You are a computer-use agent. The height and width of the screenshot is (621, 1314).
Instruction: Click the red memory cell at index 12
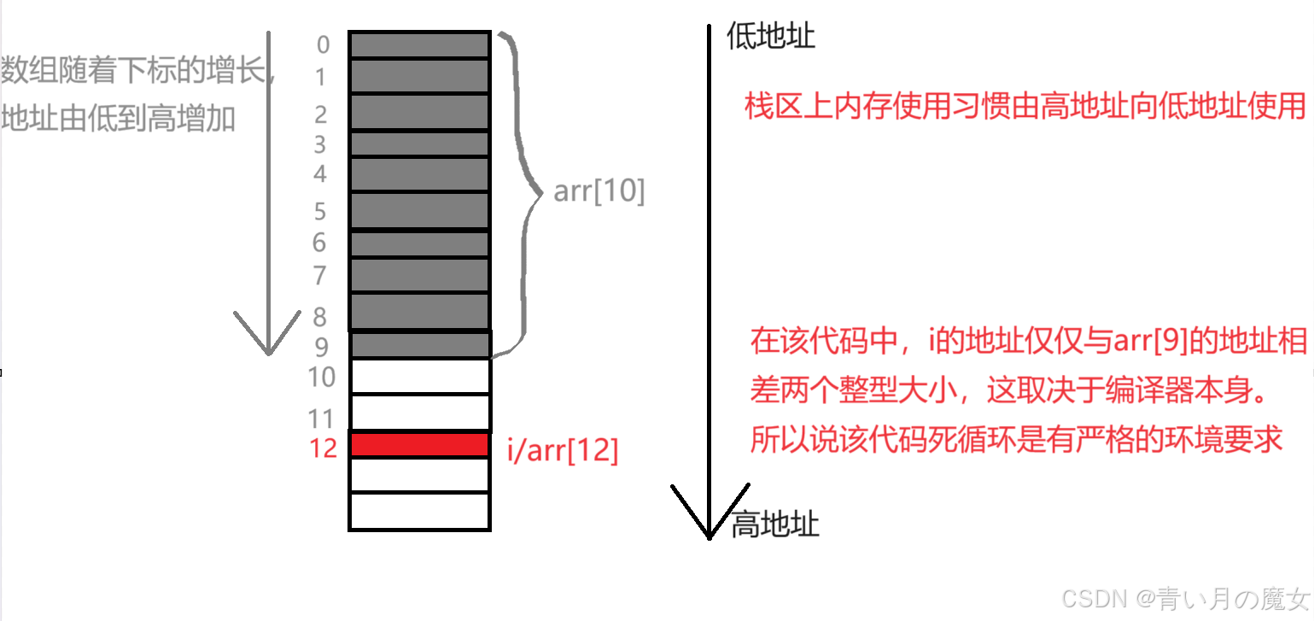419,445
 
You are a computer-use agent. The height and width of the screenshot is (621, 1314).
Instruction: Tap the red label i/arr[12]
563,450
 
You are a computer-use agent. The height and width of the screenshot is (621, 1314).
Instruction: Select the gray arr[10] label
599,191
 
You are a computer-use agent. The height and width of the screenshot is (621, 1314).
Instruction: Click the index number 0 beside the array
323,43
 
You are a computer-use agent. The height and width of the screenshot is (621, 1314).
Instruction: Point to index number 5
320,210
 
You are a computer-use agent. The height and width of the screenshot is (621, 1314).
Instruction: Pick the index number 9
320,347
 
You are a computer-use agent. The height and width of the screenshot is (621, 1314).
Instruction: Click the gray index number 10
322,377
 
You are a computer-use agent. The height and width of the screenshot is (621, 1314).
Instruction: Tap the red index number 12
323,448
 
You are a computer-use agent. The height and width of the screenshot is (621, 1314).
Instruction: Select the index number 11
320,419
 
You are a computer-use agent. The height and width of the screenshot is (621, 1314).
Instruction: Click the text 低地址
770,36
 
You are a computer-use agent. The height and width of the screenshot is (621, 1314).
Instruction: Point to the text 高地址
775,524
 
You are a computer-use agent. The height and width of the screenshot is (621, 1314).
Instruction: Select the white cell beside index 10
419,377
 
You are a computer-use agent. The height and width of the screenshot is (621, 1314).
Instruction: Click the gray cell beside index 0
419,44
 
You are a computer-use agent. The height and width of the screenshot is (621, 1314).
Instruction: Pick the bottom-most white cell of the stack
419,511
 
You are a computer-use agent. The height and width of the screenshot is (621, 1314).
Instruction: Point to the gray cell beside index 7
419,275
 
